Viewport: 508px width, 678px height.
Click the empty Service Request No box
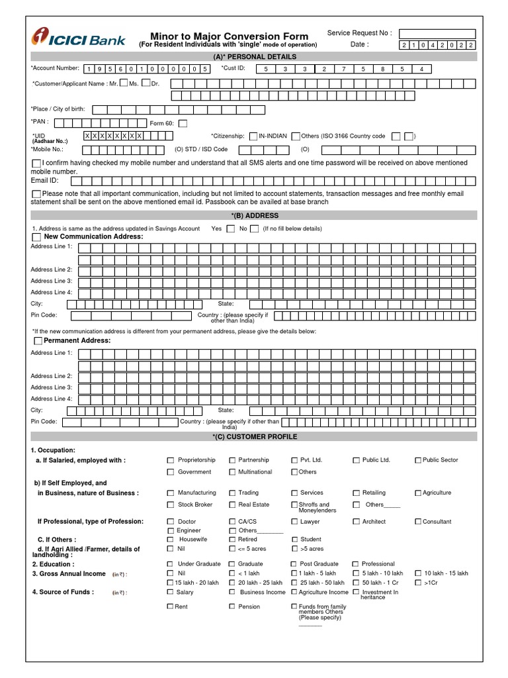click(437, 34)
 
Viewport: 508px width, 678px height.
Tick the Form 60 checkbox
click(183, 123)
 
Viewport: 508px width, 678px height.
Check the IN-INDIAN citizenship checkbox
click(254, 136)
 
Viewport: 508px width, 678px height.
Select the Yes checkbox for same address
click(230, 229)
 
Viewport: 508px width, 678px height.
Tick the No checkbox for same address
click(255, 229)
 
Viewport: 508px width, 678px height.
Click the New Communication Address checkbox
click(36, 237)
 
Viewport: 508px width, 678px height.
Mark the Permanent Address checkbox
click(38, 341)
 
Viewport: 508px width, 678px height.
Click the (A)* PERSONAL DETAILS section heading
click(252, 58)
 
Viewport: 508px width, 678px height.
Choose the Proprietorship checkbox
click(171, 460)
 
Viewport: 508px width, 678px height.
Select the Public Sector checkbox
click(417, 460)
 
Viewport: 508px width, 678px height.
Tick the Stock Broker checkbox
click(171, 505)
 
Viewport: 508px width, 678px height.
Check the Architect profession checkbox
click(357, 522)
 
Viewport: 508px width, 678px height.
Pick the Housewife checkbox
click(171, 540)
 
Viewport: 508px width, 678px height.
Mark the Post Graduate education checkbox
click(294, 564)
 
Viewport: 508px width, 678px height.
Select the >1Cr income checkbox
click(417, 583)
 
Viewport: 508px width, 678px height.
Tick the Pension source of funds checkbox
click(232, 606)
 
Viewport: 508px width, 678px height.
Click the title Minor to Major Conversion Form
click(229, 36)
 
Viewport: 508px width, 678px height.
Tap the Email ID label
click(45, 180)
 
